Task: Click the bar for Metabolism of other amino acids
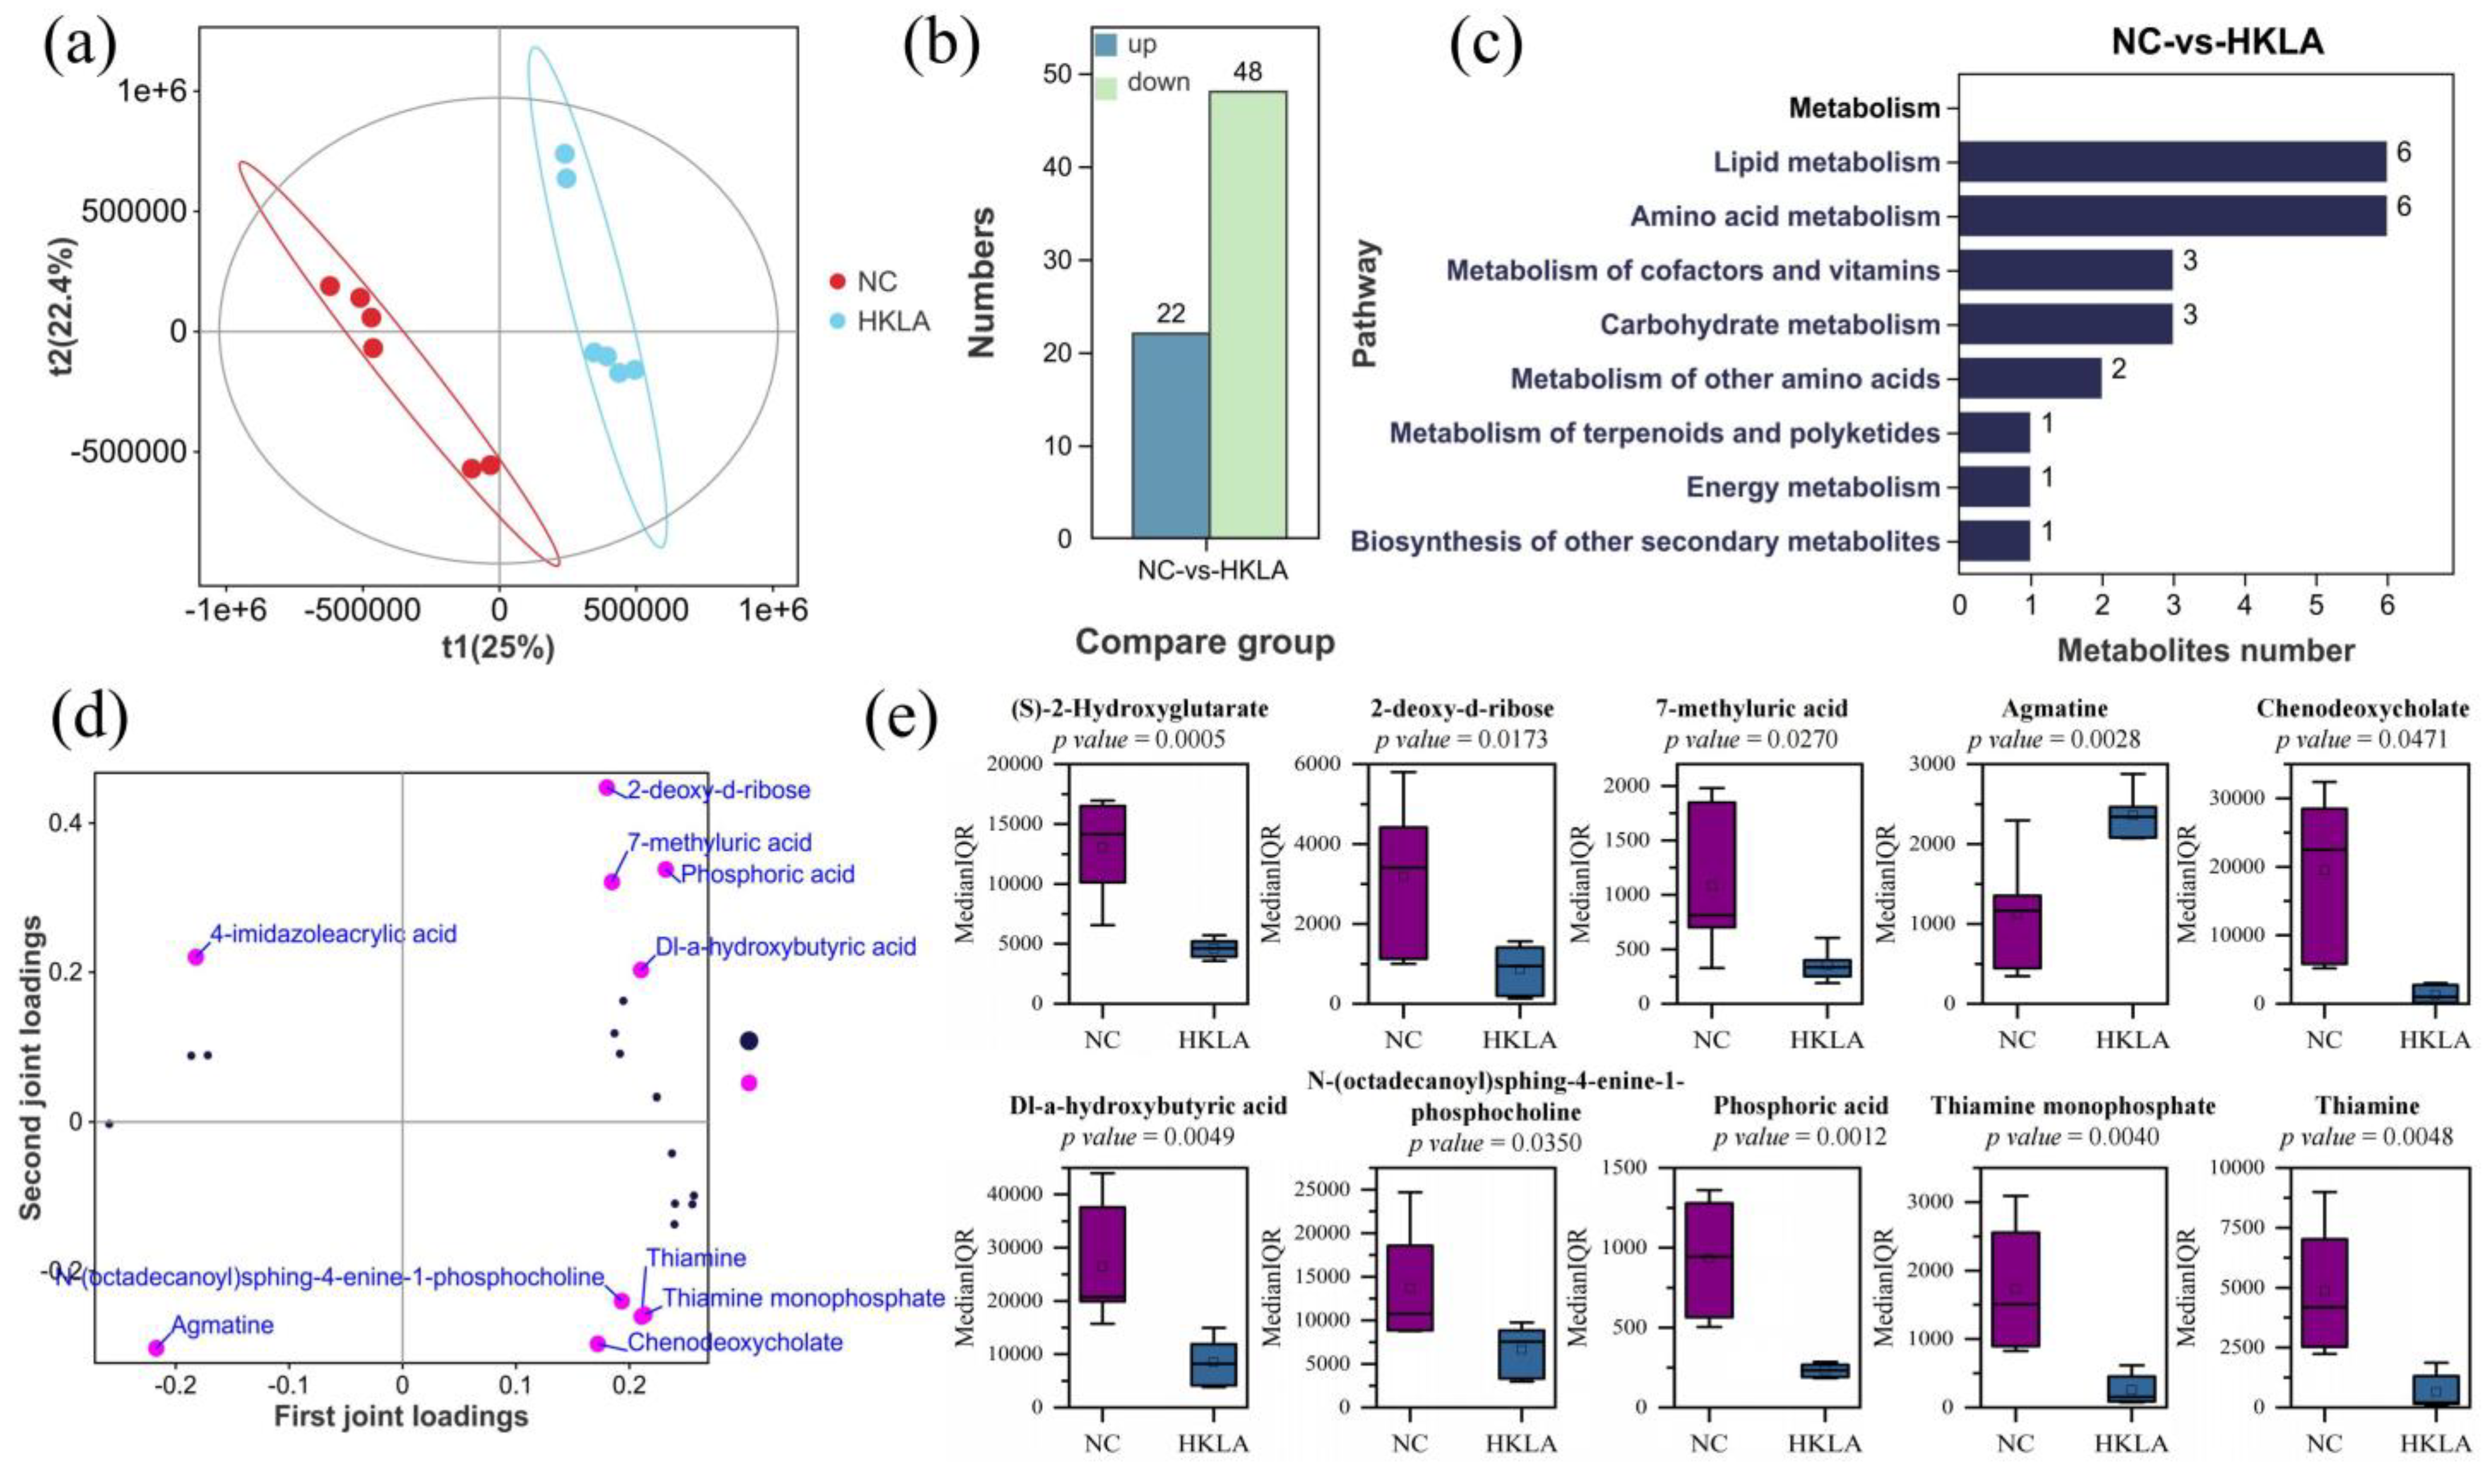coord(2029,378)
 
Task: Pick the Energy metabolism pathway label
coord(1813,487)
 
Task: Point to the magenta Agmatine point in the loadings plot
coord(155,1347)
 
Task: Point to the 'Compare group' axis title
coord(1204,642)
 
